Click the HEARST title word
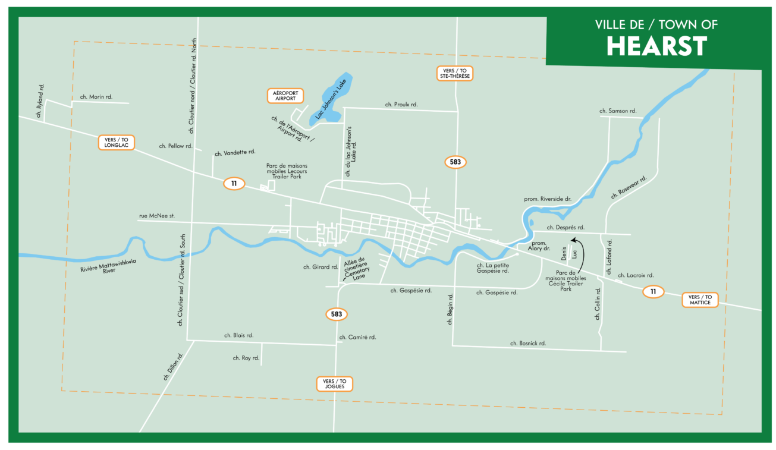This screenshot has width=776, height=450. (x=656, y=46)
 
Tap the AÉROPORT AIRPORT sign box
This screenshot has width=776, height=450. (x=285, y=95)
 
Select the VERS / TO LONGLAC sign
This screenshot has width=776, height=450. (x=117, y=143)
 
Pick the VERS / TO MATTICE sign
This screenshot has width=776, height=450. (x=699, y=300)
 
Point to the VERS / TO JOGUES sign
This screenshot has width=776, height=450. (x=334, y=384)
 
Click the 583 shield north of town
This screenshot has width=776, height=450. (x=455, y=162)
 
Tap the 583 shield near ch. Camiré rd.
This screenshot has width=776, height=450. (x=337, y=314)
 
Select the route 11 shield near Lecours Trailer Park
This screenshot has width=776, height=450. (x=234, y=184)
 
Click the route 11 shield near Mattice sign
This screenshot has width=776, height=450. (x=653, y=291)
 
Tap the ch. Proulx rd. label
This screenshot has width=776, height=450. (x=401, y=104)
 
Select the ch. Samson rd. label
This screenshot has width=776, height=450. (x=618, y=111)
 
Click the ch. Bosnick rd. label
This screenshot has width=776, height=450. (x=528, y=344)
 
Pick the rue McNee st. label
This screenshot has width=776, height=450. (x=156, y=216)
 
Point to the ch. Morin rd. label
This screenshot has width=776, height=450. (x=96, y=96)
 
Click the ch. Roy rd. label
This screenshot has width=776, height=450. (x=246, y=358)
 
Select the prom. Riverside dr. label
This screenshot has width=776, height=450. (x=547, y=199)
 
